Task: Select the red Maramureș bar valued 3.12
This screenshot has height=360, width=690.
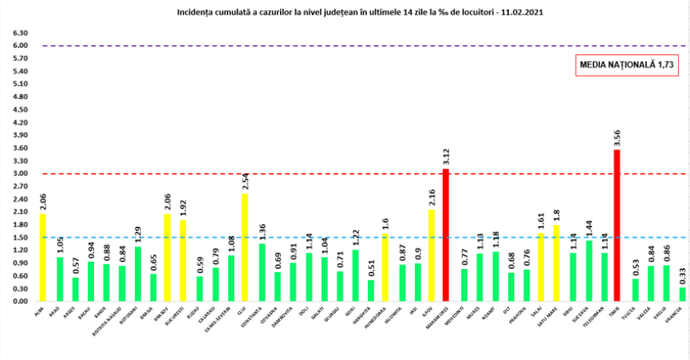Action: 447,235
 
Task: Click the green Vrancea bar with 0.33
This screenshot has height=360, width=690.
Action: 682,294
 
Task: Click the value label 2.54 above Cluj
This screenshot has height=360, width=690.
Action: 245,179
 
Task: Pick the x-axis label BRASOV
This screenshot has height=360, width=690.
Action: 168,315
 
